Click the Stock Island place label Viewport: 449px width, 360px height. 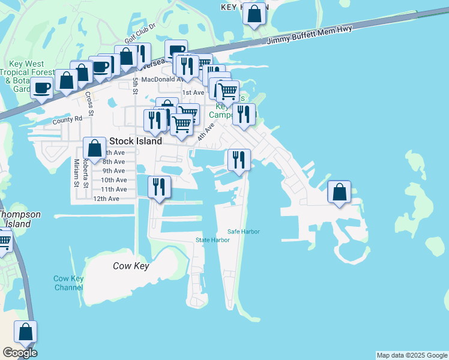tap(136, 142)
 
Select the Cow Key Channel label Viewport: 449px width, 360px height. tap(68, 283)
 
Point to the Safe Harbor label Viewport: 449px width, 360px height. tap(243, 232)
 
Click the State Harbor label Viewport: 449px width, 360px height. tap(212, 240)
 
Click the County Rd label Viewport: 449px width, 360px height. tap(67, 120)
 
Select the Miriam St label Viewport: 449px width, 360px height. tap(76, 173)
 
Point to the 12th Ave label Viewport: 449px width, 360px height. tap(106, 199)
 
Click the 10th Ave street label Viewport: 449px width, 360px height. tap(113, 180)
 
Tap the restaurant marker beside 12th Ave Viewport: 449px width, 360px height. tap(158, 187)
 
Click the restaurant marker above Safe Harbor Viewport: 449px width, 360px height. tap(239, 160)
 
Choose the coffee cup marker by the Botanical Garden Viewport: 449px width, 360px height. tap(42, 88)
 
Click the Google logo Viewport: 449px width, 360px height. tap(20, 353)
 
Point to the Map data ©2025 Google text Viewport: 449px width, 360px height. tap(412, 355)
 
